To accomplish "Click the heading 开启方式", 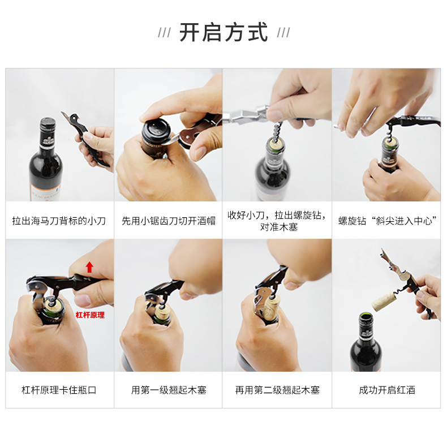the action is (223, 32).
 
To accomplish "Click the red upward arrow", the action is (89, 267).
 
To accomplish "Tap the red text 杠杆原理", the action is (90, 315).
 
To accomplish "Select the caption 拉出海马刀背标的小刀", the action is (59, 221).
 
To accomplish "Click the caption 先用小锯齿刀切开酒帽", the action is (169, 221).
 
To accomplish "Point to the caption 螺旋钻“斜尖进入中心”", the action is (387, 221).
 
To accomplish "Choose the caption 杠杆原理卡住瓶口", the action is (59, 390).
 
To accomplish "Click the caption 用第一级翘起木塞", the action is (169, 390).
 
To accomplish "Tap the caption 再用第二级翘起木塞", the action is (277, 390).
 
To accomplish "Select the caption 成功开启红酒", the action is (387, 390).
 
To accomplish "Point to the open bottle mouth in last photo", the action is (366, 316).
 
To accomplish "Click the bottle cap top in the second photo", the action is (156, 128).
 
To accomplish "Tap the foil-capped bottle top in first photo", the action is (48, 123).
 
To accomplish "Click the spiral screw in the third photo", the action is (277, 132).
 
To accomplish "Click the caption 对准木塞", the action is (279, 227).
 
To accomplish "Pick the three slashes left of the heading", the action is (165, 32).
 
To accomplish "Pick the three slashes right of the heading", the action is (283, 32).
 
